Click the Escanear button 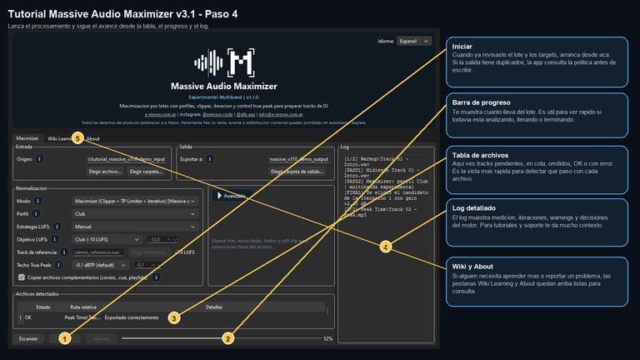click(28, 339)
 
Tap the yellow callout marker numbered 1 click(65, 338)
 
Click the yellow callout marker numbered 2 click(227, 338)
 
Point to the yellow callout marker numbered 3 click(173, 317)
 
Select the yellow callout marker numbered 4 click(385, 247)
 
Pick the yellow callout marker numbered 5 click(77, 137)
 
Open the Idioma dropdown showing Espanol click(414, 40)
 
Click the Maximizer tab click(27, 138)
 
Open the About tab click(93, 138)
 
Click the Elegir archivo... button click(105, 171)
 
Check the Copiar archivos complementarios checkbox click(22, 277)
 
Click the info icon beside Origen click(40, 158)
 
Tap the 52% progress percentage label click(327, 339)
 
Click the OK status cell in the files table click(27, 317)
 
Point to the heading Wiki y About click(472, 266)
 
